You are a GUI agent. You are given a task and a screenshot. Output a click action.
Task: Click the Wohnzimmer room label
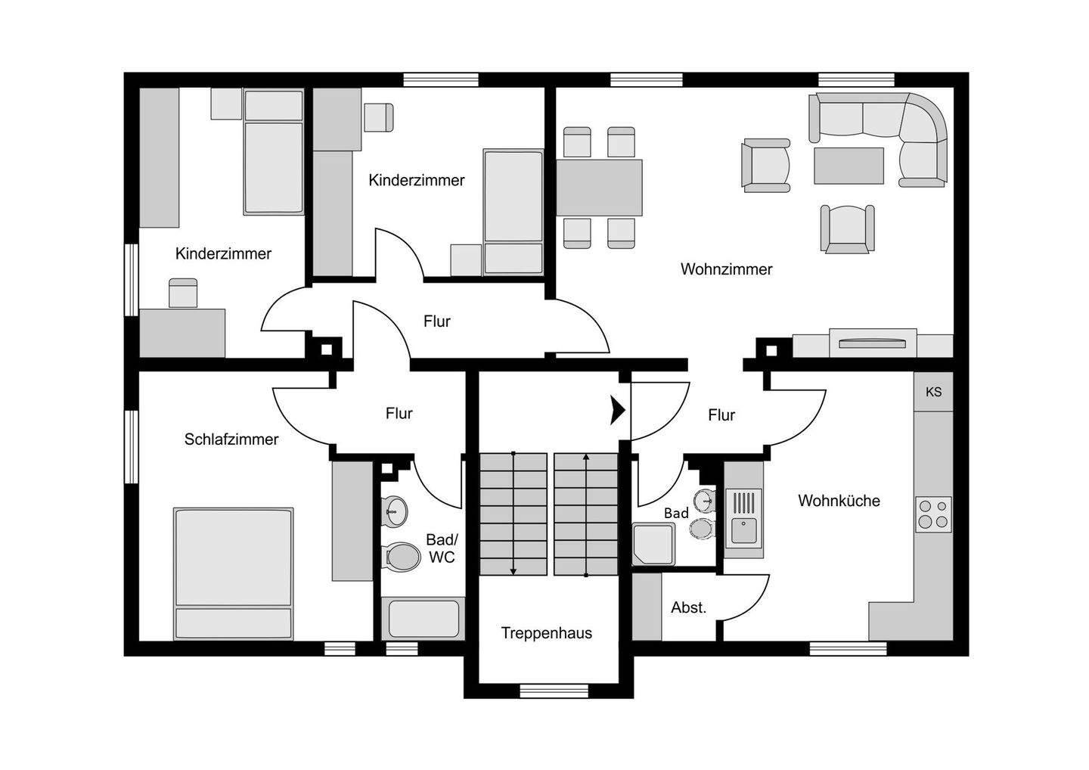(x=726, y=269)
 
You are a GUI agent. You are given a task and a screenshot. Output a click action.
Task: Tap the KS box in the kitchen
(x=933, y=392)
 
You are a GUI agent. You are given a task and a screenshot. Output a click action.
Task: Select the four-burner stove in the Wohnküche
(x=932, y=514)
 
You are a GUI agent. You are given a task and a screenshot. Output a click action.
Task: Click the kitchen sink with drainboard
(x=744, y=517)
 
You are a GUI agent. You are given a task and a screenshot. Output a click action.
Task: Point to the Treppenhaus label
(x=546, y=633)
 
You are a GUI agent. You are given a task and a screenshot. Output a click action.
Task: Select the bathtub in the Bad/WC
(x=423, y=619)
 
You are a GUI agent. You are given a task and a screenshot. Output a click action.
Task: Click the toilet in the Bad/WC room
(x=402, y=557)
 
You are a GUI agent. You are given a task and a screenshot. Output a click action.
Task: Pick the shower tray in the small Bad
(x=653, y=544)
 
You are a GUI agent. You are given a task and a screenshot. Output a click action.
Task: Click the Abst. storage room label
(x=688, y=607)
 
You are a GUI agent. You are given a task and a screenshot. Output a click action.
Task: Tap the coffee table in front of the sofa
(x=849, y=166)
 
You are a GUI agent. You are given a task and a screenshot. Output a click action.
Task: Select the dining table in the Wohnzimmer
(x=600, y=188)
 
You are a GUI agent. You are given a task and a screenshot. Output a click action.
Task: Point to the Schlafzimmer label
(x=231, y=439)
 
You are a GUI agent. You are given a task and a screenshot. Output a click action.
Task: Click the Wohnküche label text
(x=839, y=501)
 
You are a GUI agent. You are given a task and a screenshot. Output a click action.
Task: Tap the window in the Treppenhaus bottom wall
(x=554, y=690)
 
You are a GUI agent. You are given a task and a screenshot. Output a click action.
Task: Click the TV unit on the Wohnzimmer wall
(x=873, y=343)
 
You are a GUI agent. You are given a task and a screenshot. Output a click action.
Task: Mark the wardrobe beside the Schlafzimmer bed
(x=352, y=521)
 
